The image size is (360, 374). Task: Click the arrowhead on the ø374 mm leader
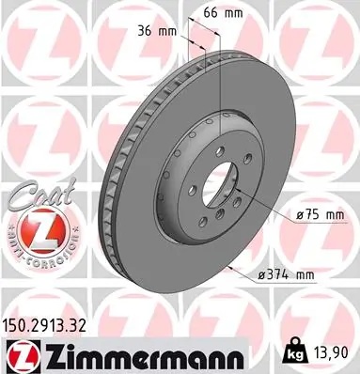231,266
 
